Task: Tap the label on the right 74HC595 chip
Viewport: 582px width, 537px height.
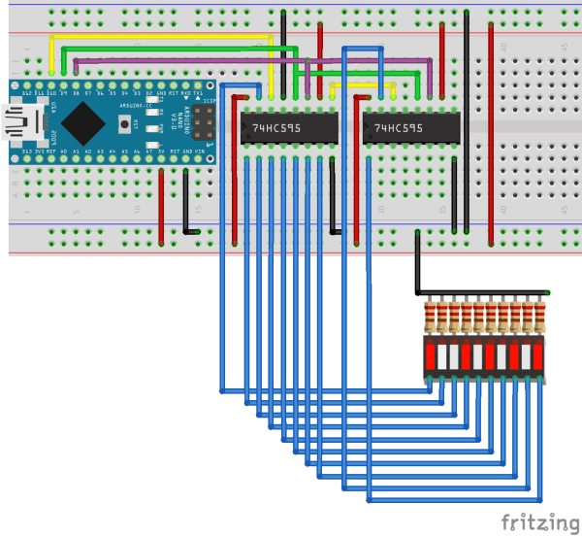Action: [398, 128]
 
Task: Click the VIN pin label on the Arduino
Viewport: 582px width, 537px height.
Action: [199, 153]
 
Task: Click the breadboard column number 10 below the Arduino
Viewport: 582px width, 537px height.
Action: [138, 210]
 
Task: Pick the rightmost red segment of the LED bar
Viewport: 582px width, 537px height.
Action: [539, 356]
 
